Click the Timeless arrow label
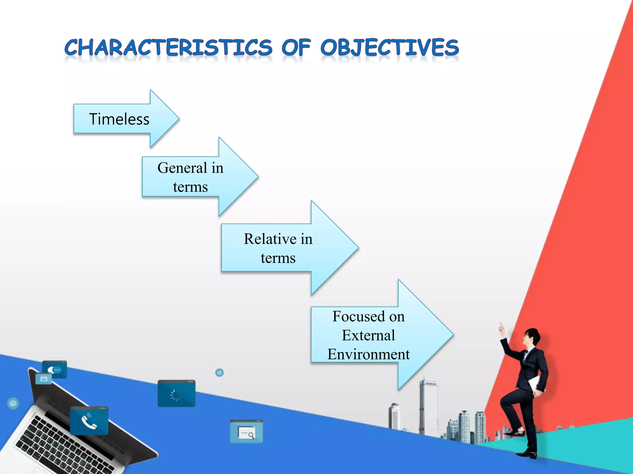pyautogui.click(x=119, y=119)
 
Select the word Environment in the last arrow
pyautogui.click(x=368, y=354)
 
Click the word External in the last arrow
pyautogui.click(x=368, y=335)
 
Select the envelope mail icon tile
pyautogui.click(x=44, y=379)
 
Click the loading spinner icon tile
pyautogui.click(x=176, y=394)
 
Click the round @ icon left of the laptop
pyautogui.click(x=13, y=403)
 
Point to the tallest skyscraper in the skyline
pyautogui.click(x=428, y=407)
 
